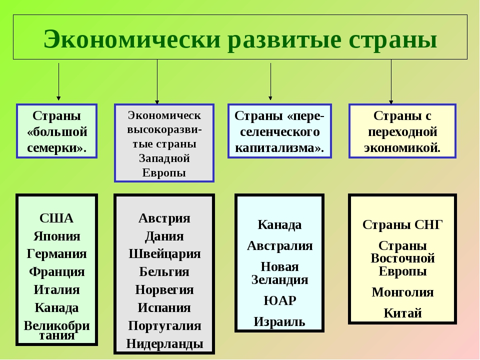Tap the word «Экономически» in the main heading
tap(132, 39)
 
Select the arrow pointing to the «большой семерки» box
tap(58, 81)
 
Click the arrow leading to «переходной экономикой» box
tap(391, 81)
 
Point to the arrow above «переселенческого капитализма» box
tap(270, 81)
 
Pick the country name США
tap(56, 218)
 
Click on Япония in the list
tap(57, 236)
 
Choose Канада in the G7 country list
tap(56, 308)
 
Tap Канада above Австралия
tap(279, 225)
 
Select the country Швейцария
tap(164, 254)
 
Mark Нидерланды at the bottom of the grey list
tap(164, 344)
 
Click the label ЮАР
tap(280, 300)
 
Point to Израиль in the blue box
tap(279, 322)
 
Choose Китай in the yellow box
tap(403, 313)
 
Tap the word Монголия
tap(403, 292)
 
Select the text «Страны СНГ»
tap(402, 225)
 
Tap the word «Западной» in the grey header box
tap(164, 158)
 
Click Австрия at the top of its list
tap(164, 218)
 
